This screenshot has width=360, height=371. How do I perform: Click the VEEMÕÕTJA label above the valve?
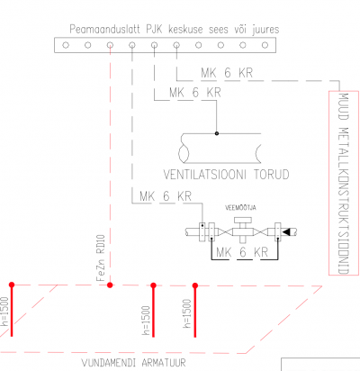pos(240,208)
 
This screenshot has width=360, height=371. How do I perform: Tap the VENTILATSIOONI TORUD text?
pos(226,175)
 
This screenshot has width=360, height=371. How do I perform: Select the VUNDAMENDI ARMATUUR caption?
pos(134,363)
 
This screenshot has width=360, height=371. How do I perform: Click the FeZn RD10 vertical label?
pos(101,258)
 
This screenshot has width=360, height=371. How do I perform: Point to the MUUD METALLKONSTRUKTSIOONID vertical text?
pos(344,184)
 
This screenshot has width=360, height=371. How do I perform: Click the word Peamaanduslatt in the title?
pos(104,30)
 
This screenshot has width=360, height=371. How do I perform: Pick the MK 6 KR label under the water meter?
pos(242,252)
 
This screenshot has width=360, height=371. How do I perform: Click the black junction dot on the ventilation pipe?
pos(217,133)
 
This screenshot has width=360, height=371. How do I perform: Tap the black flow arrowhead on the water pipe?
pos(285,231)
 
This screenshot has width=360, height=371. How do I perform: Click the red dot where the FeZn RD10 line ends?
pos(110,285)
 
